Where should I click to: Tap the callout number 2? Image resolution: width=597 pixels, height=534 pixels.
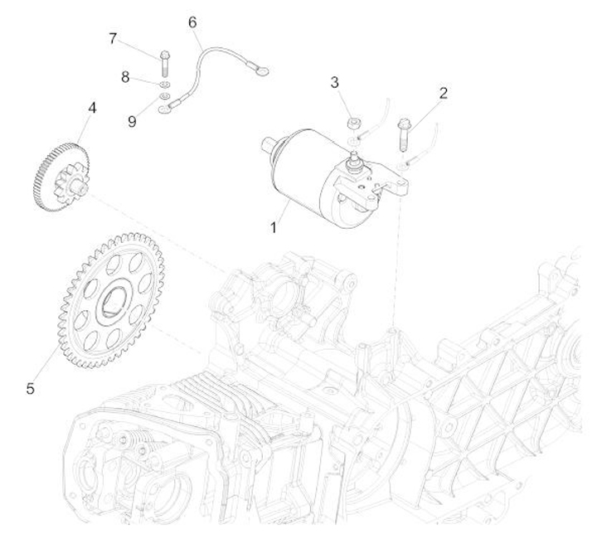tap(444, 94)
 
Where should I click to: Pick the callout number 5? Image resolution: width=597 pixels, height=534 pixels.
tap(31, 387)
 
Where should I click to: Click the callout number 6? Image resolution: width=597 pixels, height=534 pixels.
tap(192, 21)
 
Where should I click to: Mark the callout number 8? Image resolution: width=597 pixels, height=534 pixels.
tap(126, 77)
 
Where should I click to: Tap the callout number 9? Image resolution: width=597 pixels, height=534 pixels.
tap(133, 121)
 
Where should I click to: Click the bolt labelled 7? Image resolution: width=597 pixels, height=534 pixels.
tap(164, 63)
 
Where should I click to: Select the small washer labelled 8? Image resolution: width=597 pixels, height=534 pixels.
tap(164, 85)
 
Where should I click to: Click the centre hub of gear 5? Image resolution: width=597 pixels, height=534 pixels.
tap(112, 302)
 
